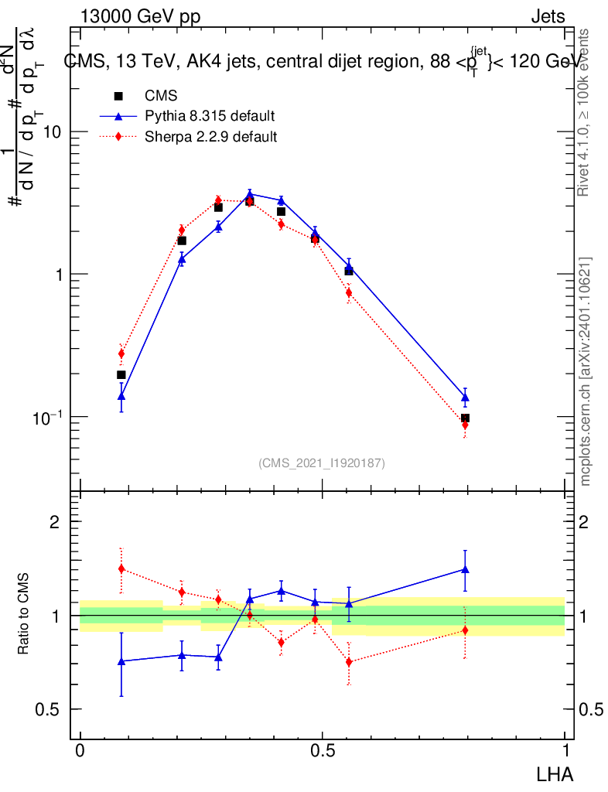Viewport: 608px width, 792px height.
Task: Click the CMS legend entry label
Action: (x=161, y=96)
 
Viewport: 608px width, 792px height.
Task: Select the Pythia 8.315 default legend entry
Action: (x=209, y=117)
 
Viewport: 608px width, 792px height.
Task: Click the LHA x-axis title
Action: (x=556, y=773)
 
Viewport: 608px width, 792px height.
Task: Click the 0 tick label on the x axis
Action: (x=80, y=750)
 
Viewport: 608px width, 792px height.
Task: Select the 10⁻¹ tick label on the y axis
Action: (x=47, y=417)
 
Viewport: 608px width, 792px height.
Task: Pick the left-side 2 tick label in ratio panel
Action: (x=55, y=522)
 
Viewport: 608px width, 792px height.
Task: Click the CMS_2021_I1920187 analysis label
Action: (x=322, y=463)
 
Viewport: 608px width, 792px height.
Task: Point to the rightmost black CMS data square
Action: (x=465, y=418)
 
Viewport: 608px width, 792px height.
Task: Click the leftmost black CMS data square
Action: (x=121, y=375)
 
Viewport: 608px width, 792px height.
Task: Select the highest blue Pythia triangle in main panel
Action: (x=250, y=194)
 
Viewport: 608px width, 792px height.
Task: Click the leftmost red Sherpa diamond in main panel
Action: (x=121, y=353)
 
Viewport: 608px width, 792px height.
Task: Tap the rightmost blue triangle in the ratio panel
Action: (x=465, y=569)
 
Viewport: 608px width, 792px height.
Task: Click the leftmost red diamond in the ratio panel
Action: (x=121, y=568)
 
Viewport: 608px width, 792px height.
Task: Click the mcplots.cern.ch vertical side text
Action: (x=586, y=371)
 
